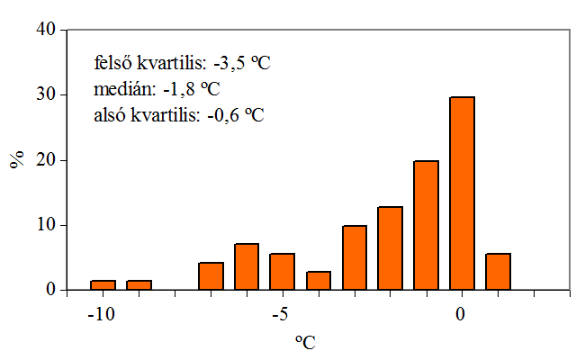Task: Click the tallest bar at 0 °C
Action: point(462,193)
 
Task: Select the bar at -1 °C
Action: point(426,225)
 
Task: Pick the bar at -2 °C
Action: point(390,248)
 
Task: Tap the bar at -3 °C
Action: point(354,257)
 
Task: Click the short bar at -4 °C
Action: point(319,281)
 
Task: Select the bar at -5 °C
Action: point(283,272)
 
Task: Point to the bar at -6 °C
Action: point(247,266)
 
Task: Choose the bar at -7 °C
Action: point(211,276)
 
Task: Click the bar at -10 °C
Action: point(103,285)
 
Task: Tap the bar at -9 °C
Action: point(139,285)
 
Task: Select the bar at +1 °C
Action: point(498,272)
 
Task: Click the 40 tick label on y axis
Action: point(46,30)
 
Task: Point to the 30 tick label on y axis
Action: point(46,94)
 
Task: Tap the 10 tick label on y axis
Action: point(46,225)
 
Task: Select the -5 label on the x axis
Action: point(280,314)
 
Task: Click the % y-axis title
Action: point(16,161)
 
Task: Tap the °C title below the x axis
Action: point(305,342)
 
